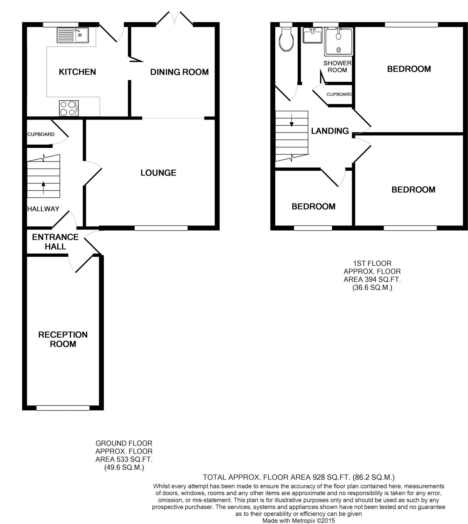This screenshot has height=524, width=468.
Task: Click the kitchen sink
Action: click(x=73, y=35)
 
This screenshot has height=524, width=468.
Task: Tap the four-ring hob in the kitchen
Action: click(x=69, y=108)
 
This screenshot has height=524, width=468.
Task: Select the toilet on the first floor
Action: click(x=286, y=39)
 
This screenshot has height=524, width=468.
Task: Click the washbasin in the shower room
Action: click(x=312, y=35)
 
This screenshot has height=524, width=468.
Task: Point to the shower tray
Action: click(x=339, y=42)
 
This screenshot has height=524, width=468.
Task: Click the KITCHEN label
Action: click(x=77, y=72)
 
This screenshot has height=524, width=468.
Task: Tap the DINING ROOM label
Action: click(x=179, y=72)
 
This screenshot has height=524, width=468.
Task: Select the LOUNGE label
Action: click(x=158, y=173)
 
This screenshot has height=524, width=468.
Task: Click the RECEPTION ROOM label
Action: click(x=63, y=339)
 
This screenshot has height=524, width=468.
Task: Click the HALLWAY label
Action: click(x=43, y=209)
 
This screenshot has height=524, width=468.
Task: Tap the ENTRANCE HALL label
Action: click(x=55, y=242)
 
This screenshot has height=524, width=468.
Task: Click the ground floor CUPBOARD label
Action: click(x=41, y=134)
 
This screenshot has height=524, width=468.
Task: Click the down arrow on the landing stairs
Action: click(x=292, y=121)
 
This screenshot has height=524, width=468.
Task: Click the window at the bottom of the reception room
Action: click(x=63, y=408)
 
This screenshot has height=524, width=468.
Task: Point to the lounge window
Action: click(x=161, y=228)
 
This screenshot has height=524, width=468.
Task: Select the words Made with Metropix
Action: click(x=289, y=521)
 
